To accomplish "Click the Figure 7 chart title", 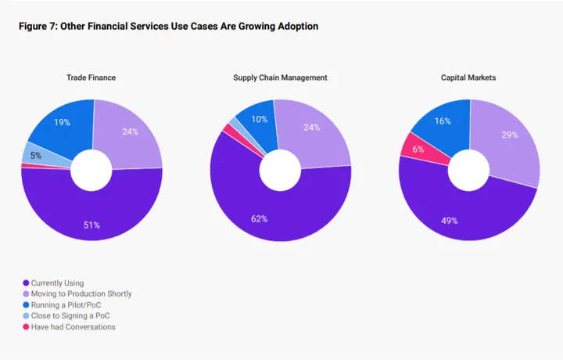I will pos(168,27).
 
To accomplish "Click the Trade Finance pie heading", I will pos(91,77).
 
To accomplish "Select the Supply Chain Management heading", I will pos(280,77).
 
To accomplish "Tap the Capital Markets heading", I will pos(468,77).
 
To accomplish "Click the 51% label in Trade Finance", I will pos(91,225).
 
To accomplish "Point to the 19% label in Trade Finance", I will pos(62,124).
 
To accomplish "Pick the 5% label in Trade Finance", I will pos(35,155).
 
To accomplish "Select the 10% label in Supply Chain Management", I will pos(259,119).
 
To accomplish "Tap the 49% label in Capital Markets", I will pos(449,220).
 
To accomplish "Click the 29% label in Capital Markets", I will pos(509,135).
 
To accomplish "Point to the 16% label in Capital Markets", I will pos(443,121).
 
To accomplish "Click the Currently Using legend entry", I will pos(57,283).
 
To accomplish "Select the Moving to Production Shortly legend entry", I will pos(81,293).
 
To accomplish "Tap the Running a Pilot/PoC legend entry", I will pos(66,304).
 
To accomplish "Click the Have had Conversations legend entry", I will pos(73,326).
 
